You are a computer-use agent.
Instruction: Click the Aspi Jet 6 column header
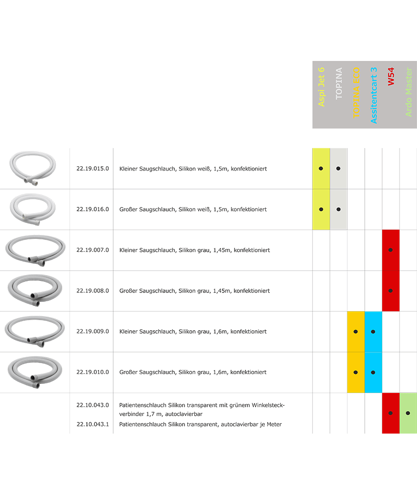(321, 87)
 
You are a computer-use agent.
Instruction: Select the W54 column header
(391, 76)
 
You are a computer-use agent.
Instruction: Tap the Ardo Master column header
(409, 92)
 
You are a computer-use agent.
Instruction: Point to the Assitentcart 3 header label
(374, 95)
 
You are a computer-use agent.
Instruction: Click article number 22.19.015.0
(92, 169)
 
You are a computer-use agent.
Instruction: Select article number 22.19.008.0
(92, 291)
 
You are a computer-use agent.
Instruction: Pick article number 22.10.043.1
(92, 424)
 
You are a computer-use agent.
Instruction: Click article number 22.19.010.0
(92, 372)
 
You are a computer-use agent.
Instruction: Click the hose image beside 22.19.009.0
(34, 331)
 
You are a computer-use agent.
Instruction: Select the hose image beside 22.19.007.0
(34, 250)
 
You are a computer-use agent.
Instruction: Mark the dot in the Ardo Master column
(408, 413)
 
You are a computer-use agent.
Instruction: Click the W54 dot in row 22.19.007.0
(390, 250)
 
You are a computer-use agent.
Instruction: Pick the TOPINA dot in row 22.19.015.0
(338, 169)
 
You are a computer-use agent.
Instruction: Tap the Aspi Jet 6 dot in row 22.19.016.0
(321, 209)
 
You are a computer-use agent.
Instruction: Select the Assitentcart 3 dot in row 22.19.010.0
(373, 372)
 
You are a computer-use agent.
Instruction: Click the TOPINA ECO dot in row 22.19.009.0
(356, 332)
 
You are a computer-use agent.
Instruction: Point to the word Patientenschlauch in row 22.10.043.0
(143, 405)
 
